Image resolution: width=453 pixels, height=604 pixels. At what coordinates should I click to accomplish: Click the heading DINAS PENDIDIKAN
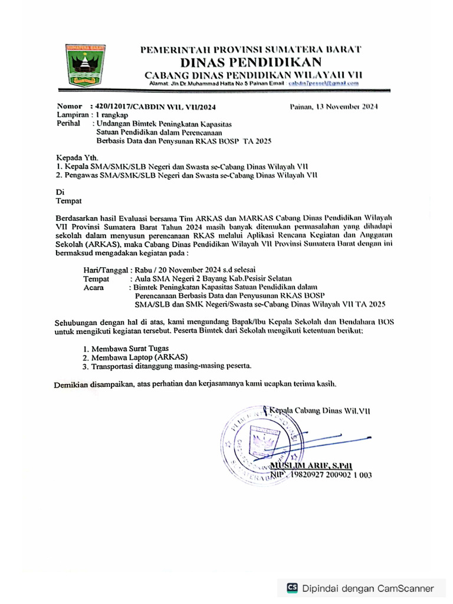(251, 63)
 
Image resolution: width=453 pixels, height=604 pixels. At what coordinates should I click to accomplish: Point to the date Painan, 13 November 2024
(334, 107)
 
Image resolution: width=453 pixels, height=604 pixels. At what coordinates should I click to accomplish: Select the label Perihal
(68, 124)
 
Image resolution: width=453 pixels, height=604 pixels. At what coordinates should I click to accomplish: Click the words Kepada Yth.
(73, 158)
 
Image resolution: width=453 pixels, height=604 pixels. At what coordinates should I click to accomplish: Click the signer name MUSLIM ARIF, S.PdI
(310, 465)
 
